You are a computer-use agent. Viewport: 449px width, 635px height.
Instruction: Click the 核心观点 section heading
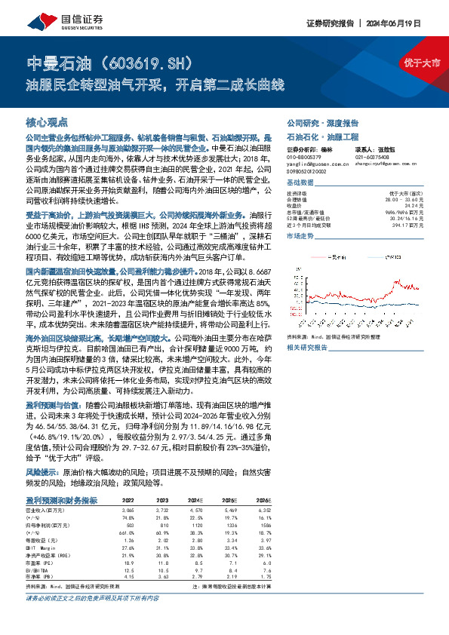coord(48,121)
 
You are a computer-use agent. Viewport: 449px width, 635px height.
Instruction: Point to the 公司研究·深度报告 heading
coord(316,121)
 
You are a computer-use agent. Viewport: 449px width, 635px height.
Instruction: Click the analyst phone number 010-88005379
coord(304,158)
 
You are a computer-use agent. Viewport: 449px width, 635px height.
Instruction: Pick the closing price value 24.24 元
coord(411,205)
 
